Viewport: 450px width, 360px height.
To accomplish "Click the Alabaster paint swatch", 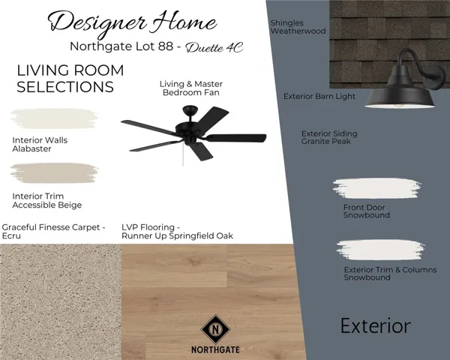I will click(55, 119).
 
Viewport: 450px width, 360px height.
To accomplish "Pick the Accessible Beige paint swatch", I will click(53, 174).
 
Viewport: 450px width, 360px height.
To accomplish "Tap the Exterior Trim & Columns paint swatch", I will click(385, 250).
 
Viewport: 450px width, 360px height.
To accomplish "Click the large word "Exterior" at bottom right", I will click(375, 326).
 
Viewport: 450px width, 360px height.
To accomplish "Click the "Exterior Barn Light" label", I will click(319, 97).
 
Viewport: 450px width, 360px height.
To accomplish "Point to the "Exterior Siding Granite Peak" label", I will click(329, 137).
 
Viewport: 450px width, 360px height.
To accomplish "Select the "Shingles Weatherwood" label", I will click(298, 28).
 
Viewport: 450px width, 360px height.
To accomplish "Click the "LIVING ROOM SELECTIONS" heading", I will click(70, 79).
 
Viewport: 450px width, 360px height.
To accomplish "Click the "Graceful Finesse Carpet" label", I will click(54, 231).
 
